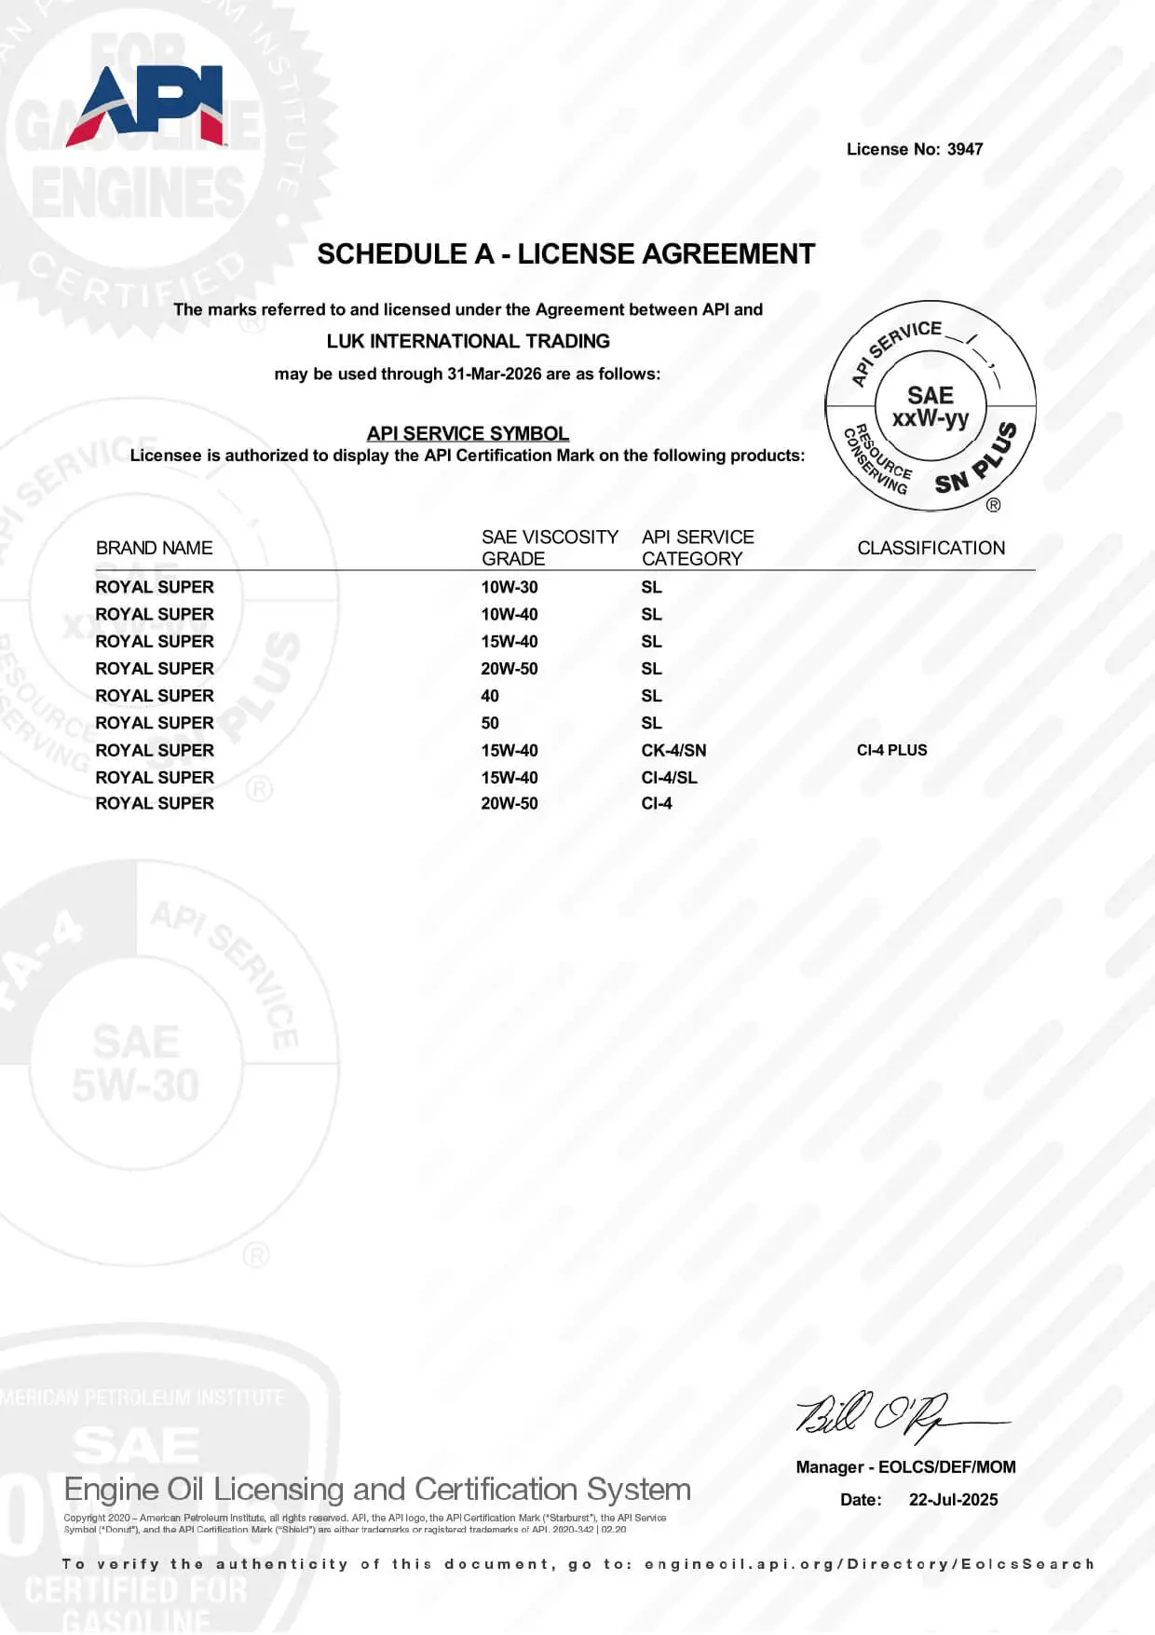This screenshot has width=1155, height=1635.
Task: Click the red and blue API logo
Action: [x=146, y=107]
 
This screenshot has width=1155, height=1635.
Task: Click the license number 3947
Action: [x=965, y=149]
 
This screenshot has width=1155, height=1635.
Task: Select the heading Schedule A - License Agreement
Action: [x=565, y=254]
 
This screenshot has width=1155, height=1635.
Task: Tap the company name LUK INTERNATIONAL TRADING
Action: [x=468, y=341]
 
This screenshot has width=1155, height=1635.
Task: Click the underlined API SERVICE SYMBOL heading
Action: [x=468, y=433]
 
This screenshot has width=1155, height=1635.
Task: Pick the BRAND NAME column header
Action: [x=154, y=548]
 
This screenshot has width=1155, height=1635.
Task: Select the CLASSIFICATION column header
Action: [x=931, y=548]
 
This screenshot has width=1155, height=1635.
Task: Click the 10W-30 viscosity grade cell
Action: [x=510, y=587]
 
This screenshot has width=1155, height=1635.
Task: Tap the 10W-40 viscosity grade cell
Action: [x=510, y=614]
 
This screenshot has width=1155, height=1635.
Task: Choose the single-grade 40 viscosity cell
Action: [x=490, y=696]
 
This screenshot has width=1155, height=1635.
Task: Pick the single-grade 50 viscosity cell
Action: [x=490, y=723]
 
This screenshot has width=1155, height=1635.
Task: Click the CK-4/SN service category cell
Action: [x=673, y=750]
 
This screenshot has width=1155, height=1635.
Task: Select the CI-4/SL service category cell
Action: [x=669, y=777]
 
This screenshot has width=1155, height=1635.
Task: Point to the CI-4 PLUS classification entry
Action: [x=891, y=750]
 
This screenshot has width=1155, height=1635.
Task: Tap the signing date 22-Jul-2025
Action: [x=953, y=1500]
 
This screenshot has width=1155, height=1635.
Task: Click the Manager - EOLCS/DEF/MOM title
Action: [x=905, y=1467]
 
